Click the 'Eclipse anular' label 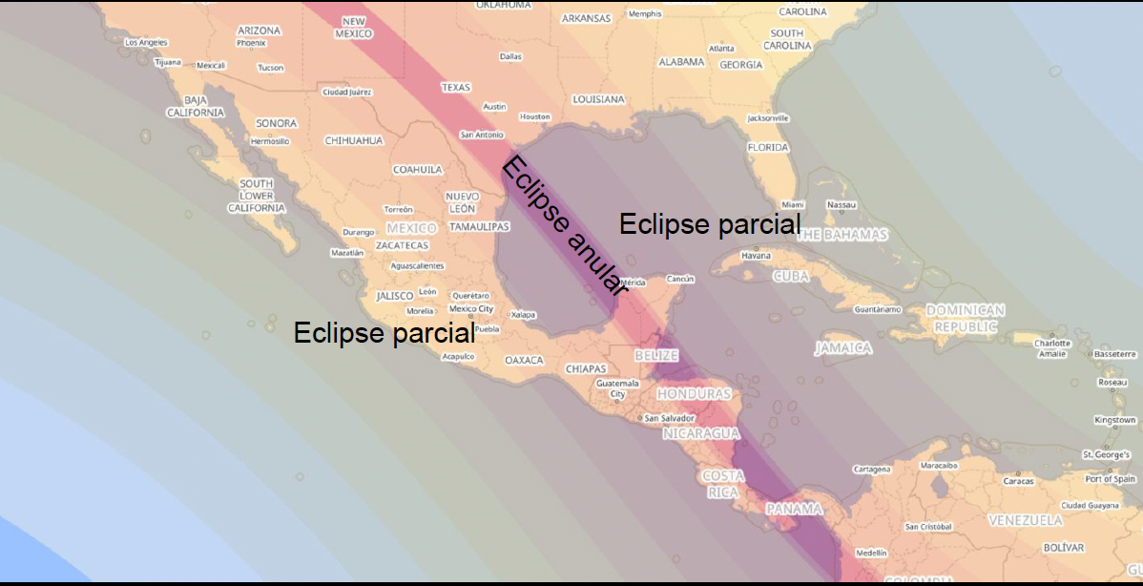click(x=564, y=226)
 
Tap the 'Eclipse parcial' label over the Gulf click(x=709, y=224)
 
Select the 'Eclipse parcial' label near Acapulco click(x=384, y=333)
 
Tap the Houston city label click(x=534, y=116)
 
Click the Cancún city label click(x=680, y=279)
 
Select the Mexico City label click(x=471, y=308)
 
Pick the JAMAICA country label click(x=842, y=348)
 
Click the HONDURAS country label click(x=694, y=394)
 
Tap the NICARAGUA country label click(x=701, y=433)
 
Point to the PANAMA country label click(x=793, y=509)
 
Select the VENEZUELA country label click(x=1025, y=520)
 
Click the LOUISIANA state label click(x=598, y=99)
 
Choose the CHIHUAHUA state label click(x=354, y=140)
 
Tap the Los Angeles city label click(x=139, y=42)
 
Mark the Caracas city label click(x=1018, y=481)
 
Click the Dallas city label click(x=510, y=56)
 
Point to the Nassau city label click(x=842, y=205)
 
